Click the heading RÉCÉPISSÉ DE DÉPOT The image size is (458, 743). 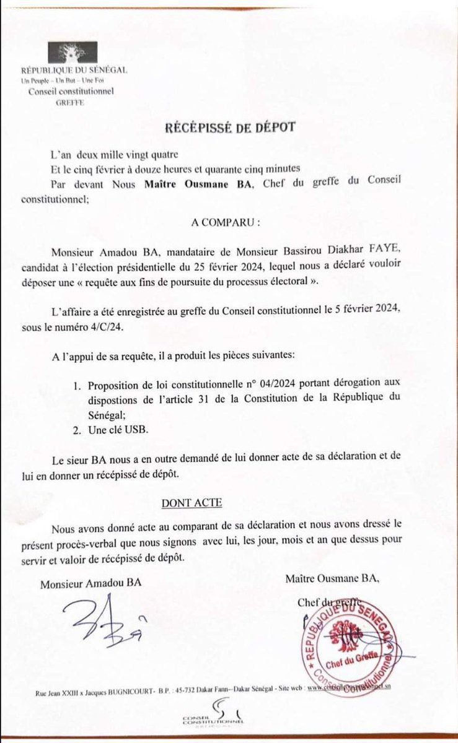(230, 128)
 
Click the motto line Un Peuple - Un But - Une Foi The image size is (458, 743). (71, 81)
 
